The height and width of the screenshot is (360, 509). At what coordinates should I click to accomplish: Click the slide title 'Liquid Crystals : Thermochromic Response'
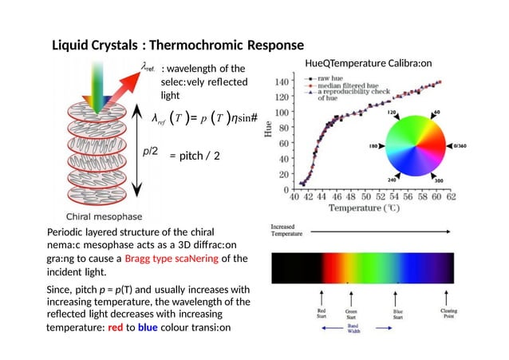tap(177, 44)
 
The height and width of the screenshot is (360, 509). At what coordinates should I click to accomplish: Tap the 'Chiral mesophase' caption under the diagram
tap(103, 216)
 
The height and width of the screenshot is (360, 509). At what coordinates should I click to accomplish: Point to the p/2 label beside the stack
tap(150, 152)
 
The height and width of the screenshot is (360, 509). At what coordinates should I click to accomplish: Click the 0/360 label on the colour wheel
tap(460, 147)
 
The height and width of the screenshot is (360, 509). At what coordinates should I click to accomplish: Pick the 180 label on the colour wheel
tap(372, 147)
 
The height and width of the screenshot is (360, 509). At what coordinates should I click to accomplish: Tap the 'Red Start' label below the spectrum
tap(322, 315)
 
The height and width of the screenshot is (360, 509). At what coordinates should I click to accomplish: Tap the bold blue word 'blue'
tap(148, 328)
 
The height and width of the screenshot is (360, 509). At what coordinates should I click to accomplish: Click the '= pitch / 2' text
tap(194, 156)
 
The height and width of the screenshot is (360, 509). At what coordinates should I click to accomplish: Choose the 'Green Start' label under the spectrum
tap(351, 315)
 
